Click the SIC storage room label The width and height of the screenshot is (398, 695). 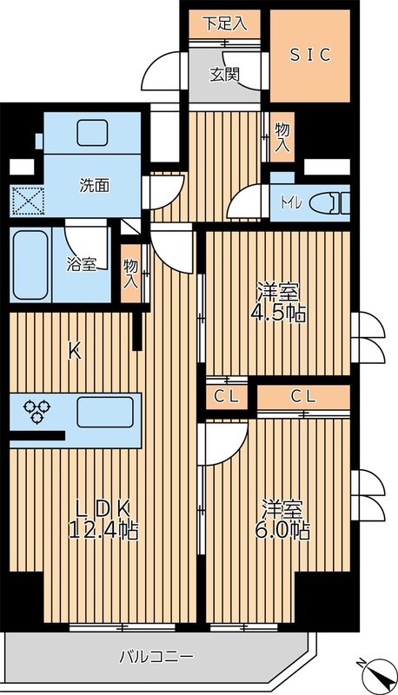tap(309, 54)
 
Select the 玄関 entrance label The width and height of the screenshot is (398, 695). tap(223, 74)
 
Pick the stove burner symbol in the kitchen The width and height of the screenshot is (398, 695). tap(36, 410)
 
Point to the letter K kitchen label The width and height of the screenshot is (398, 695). tap(75, 352)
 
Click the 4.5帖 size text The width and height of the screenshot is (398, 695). tap(278, 314)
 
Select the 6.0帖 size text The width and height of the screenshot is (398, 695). tap(285, 530)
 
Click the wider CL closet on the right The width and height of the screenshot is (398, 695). tap(302, 396)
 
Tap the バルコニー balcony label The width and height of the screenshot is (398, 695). tap(156, 657)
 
